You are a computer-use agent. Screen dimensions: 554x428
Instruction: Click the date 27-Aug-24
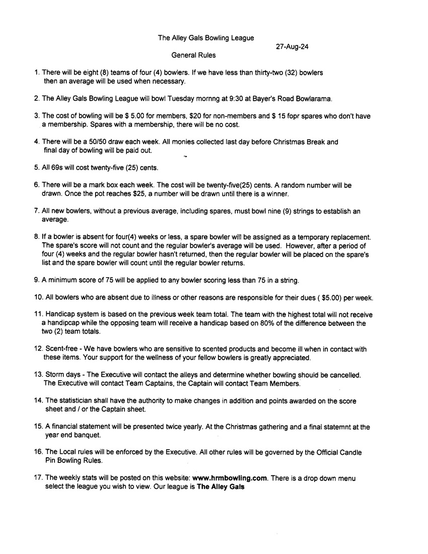[x=292, y=47]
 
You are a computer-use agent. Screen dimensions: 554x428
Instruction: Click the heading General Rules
[x=193, y=55]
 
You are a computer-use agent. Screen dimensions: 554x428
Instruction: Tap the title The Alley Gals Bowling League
[x=206, y=38]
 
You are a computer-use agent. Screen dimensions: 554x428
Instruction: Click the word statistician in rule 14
[x=77, y=401]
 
